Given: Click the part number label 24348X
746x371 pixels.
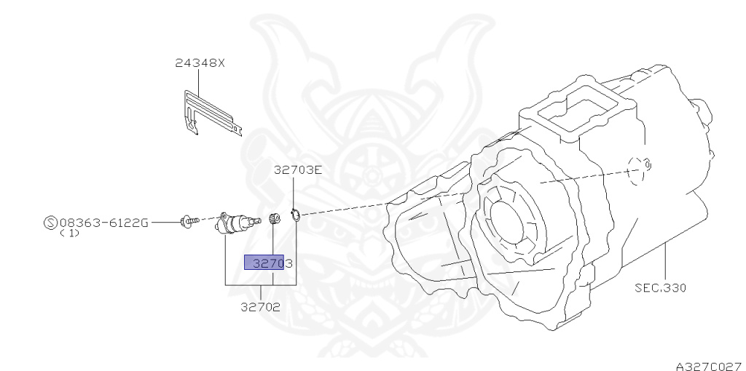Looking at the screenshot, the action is click(x=200, y=63).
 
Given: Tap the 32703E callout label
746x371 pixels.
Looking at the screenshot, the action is click(x=297, y=171).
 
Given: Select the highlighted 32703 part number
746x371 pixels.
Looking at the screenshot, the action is click(x=268, y=263).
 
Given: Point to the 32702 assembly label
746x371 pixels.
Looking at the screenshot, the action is click(x=260, y=307).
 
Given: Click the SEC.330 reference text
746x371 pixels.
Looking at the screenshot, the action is click(x=659, y=287).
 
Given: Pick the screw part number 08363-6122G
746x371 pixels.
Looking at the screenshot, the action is click(x=103, y=223).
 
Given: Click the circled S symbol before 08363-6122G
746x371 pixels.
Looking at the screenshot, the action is click(x=51, y=223).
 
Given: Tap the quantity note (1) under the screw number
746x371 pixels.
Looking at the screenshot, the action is click(x=69, y=234).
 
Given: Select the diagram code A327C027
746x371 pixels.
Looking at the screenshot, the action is click(x=707, y=362).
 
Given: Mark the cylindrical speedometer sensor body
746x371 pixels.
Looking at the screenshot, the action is click(x=232, y=221).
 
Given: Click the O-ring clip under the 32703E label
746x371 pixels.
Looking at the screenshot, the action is click(x=295, y=215).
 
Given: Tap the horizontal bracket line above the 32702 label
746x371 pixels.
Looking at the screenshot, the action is click(x=260, y=287).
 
